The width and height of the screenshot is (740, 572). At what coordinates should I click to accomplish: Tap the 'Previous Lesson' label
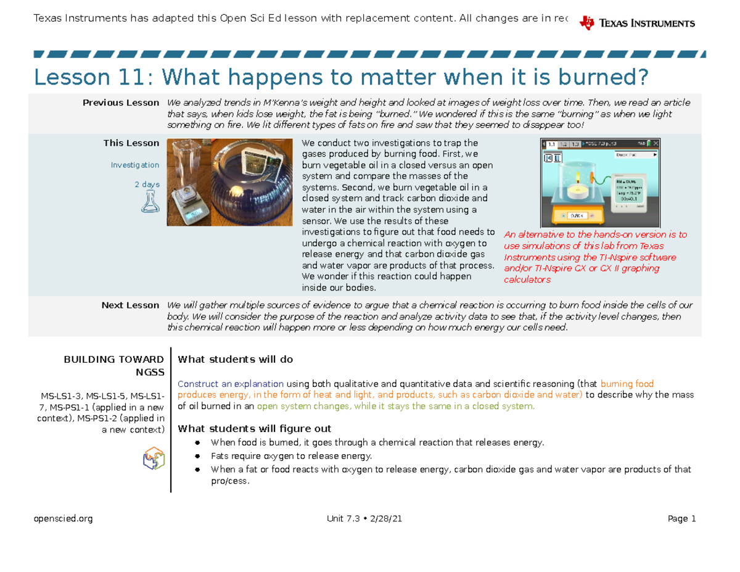pos(121,103)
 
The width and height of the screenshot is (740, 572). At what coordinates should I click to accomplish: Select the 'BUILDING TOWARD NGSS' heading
pos(129,366)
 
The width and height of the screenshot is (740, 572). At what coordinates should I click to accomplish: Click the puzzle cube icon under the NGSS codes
pos(153,458)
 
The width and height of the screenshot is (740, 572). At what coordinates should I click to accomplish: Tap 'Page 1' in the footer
pos(681,519)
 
